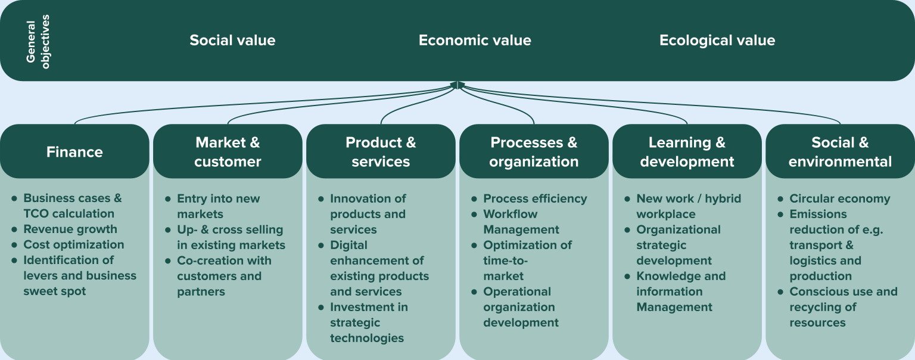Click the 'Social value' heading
click(x=232, y=40)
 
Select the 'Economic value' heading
click(x=475, y=40)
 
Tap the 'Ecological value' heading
click(x=717, y=40)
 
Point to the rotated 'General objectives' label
click(x=38, y=42)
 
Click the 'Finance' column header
click(x=74, y=151)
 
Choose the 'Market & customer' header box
click(x=228, y=151)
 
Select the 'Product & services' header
click(x=381, y=151)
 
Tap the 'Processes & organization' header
click(x=534, y=151)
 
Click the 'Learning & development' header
click(x=687, y=151)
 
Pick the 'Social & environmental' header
click(x=841, y=151)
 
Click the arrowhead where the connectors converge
click(x=457, y=85)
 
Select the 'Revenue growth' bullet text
click(x=70, y=229)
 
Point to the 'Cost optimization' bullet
click(x=73, y=244)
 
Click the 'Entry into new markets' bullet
click(x=218, y=206)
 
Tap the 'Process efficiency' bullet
click(x=535, y=198)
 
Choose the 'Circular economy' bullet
click(x=840, y=198)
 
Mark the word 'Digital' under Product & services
click(x=348, y=245)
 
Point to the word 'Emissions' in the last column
click(x=818, y=214)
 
